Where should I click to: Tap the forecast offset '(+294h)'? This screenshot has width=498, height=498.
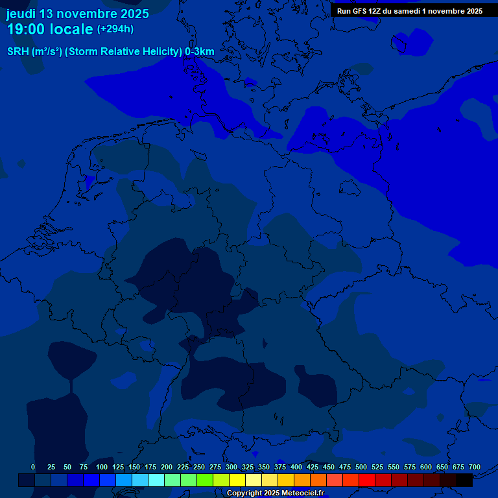(x=115, y=29)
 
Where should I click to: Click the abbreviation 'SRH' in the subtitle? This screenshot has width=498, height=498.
(x=19, y=51)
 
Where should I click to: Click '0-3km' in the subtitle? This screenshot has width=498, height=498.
(x=200, y=51)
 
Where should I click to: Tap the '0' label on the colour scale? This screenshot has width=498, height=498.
(x=33, y=467)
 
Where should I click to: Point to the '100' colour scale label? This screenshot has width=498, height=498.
(x=102, y=467)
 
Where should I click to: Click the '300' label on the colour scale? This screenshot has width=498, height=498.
(x=231, y=467)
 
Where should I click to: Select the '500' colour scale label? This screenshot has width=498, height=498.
(x=361, y=467)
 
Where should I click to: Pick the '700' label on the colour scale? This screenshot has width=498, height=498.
(x=475, y=467)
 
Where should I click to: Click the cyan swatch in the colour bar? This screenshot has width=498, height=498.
(x=156, y=480)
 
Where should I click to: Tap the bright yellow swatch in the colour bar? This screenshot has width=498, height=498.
(x=237, y=480)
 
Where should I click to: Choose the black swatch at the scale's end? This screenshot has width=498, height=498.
(x=464, y=480)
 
